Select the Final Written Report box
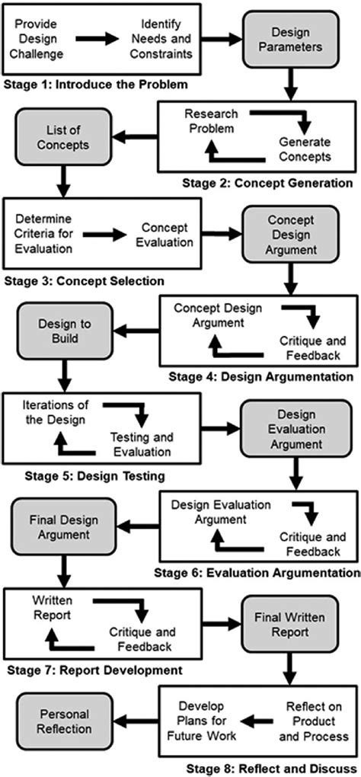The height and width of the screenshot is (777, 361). click(x=290, y=624)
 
